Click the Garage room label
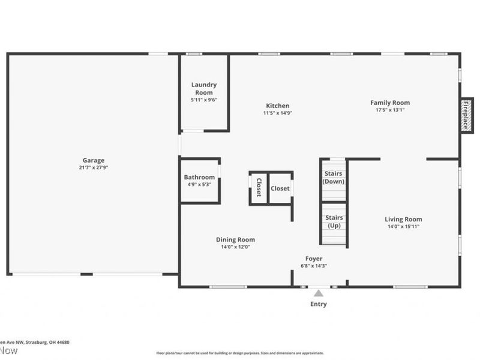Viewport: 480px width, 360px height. coord(94,160)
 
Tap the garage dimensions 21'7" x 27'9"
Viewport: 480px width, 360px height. coord(94,167)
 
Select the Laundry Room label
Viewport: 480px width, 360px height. coord(204,89)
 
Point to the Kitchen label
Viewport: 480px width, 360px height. coord(278,106)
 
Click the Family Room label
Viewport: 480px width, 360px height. coord(389,103)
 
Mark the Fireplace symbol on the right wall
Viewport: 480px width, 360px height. coord(466,115)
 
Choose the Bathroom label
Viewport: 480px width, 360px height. coord(199,177)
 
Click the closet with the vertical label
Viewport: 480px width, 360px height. coord(259,188)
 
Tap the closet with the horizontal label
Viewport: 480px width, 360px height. coord(280,188)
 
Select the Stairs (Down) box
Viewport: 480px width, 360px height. coord(333,178)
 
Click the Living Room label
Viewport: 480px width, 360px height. coord(403,219)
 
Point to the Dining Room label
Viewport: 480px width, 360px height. coord(235,239)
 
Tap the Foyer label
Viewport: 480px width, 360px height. coord(314,259)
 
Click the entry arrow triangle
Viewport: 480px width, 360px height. coord(319,293)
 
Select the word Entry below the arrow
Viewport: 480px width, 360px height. coord(319,304)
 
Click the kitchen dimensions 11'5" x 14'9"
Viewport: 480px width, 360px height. coord(277,113)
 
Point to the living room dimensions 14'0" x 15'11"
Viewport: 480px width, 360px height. coord(403,226)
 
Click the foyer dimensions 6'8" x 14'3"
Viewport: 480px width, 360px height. coord(314,266)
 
